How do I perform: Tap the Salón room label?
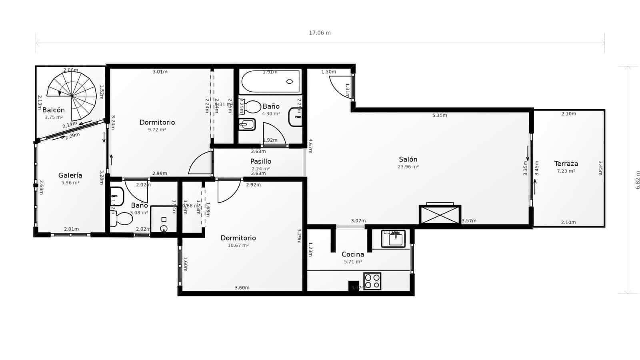point(408,159)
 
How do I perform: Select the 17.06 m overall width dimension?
point(320,33)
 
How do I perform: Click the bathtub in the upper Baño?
point(271,82)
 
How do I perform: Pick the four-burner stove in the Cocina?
point(372,281)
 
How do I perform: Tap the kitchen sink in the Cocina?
point(393,239)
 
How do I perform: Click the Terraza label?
point(566,164)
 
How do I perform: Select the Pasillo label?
point(261,161)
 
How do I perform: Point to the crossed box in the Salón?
point(440,215)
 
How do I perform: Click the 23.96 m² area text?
point(408,167)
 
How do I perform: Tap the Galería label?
point(70,175)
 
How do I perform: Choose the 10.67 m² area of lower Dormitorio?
point(238,246)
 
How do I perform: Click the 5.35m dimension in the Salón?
point(440,116)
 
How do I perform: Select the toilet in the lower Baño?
point(122,219)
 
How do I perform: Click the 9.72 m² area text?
point(157,130)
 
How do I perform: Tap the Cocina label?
point(353,254)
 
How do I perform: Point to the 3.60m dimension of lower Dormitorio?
point(242,288)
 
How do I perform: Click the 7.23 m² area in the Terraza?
point(566,171)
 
